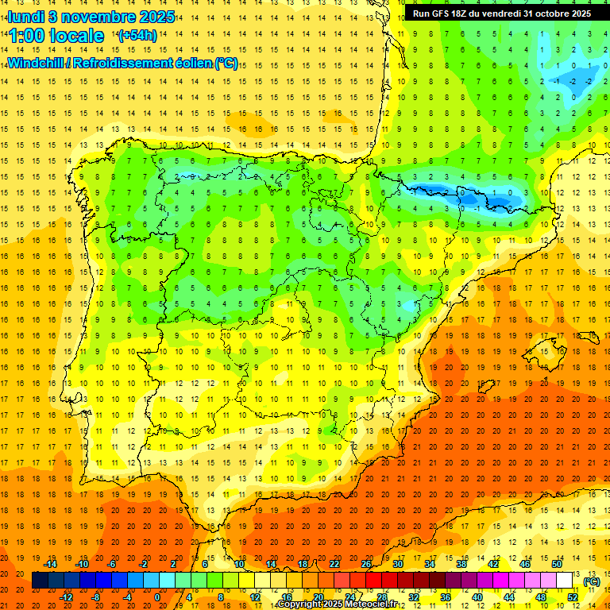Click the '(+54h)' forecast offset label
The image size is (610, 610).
pyautogui.click(x=137, y=36)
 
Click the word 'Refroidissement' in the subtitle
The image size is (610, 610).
pyautogui.click(x=132, y=64)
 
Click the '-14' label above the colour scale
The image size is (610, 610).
pyautogui.click(x=50, y=564)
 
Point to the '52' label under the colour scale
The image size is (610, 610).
pyautogui.click(x=573, y=597)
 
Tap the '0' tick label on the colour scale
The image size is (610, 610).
pyautogui.click(x=156, y=597)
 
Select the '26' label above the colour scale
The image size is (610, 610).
pyautogui.click(x=366, y=564)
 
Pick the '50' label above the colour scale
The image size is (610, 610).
pyautogui.click(x=557, y=564)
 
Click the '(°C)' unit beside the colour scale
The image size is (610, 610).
pyautogui.click(x=591, y=581)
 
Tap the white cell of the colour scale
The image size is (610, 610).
pyautogui.click(x=565, y=581)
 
